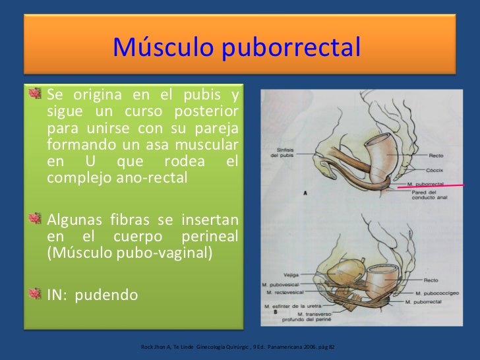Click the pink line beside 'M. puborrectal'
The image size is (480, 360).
tap(435, 188)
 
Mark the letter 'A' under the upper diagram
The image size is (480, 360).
tap(306, 193)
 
